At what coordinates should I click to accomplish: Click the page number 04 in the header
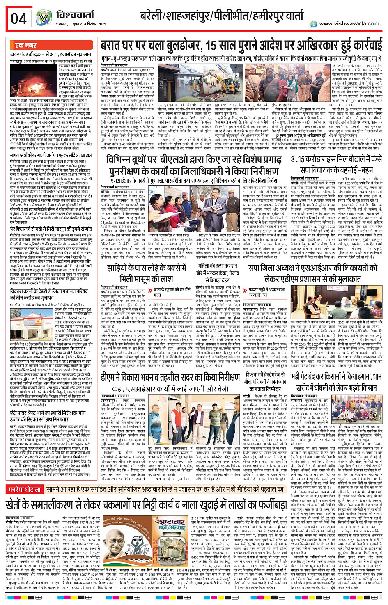click(x=18, y=18)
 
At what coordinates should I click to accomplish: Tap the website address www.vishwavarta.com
click(x=349, y=24)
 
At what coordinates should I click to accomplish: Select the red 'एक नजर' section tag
click(x=25, y=45)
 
